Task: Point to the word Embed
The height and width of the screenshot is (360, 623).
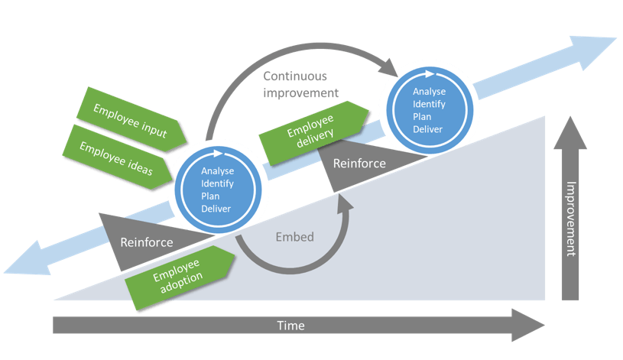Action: click(x=294, y=237)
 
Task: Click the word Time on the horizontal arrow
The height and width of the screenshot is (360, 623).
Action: click(x=290, y=326)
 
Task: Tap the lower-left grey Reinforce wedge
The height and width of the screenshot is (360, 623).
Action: click(x=144, y=241)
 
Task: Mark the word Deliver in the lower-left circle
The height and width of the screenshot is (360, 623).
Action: click(x=216, y=207)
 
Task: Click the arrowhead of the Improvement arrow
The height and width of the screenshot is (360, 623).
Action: click(x=570, y=124)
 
